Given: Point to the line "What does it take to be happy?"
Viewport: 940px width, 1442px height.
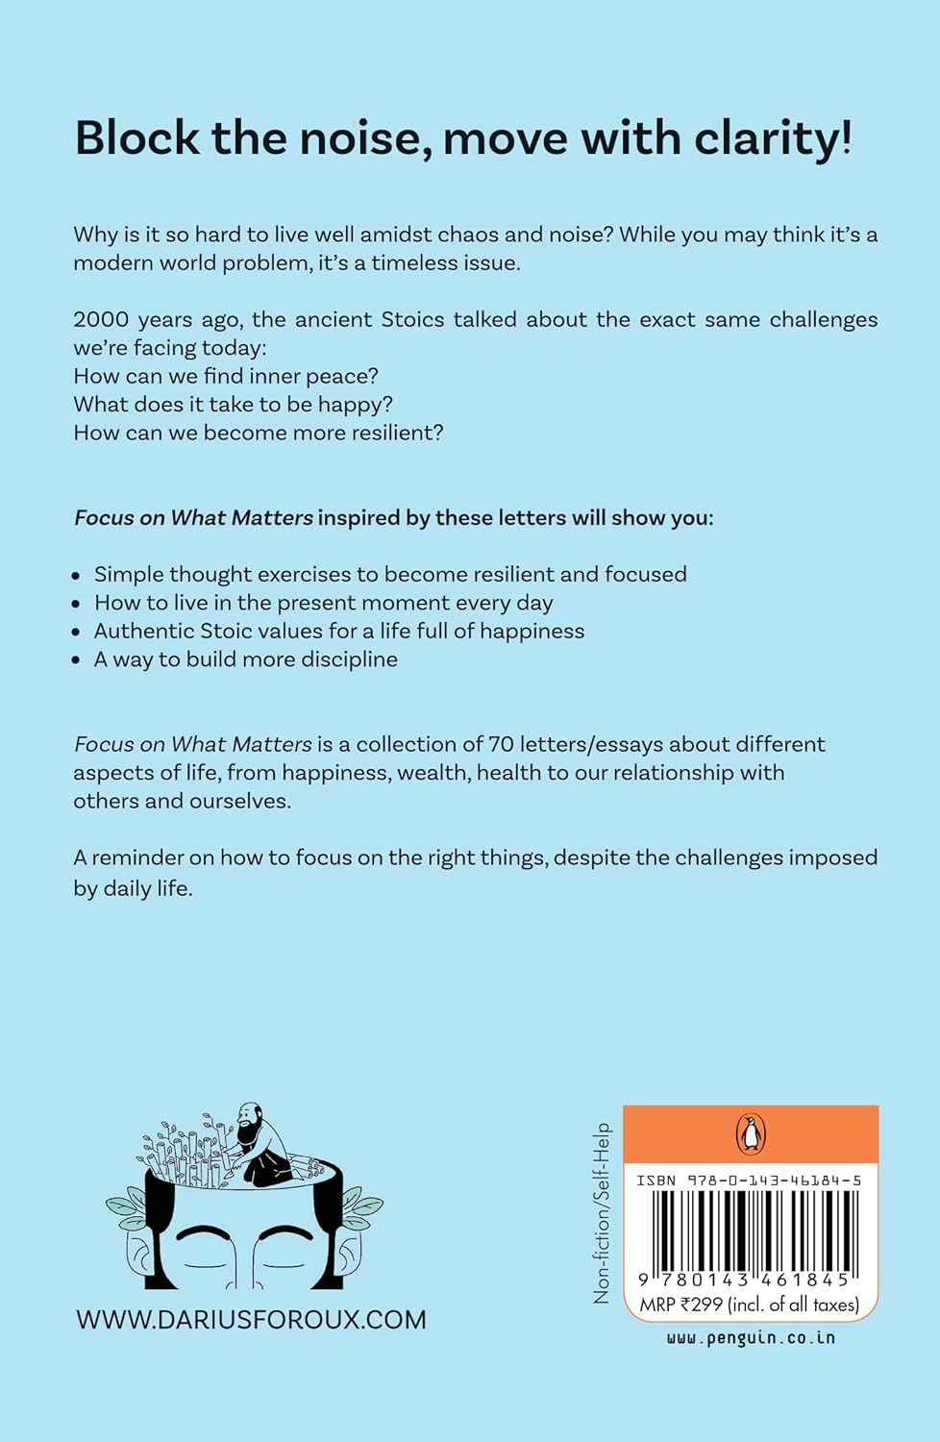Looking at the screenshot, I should pos(233,404).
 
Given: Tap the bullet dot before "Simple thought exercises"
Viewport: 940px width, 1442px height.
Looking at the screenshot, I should pos(77,576).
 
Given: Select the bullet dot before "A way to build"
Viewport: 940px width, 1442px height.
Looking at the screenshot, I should pos(77,660).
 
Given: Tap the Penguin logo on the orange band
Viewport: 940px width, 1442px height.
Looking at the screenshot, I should pos(751,1134).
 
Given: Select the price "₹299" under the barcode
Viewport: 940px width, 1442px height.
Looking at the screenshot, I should pos(701,1305).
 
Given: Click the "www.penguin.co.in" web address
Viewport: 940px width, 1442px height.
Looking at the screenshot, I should pos(751,1337).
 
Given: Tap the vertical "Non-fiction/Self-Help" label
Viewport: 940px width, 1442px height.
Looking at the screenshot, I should pos(603,1213).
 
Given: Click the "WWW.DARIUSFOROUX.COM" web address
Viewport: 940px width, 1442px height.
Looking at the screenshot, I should pos(251,1320).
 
